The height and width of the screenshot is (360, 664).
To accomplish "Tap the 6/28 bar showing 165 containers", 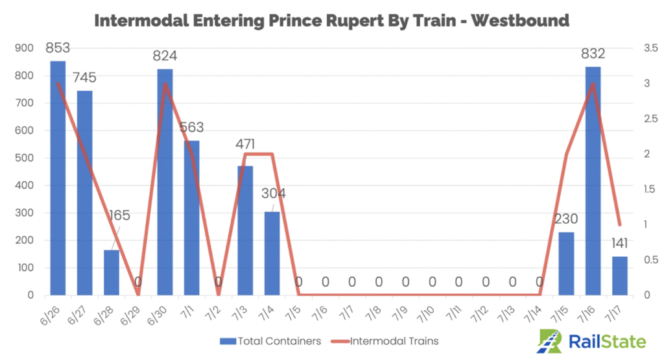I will coord(112,272).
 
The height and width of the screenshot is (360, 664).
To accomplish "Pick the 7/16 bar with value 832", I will coord(593,181).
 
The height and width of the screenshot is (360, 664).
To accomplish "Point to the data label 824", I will coord(165,56).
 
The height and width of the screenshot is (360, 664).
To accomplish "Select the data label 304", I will coord(273,193).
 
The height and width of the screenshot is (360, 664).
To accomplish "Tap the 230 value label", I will coord(567,219).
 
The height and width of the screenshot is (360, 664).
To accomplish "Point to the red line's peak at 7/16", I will coord(593,84).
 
